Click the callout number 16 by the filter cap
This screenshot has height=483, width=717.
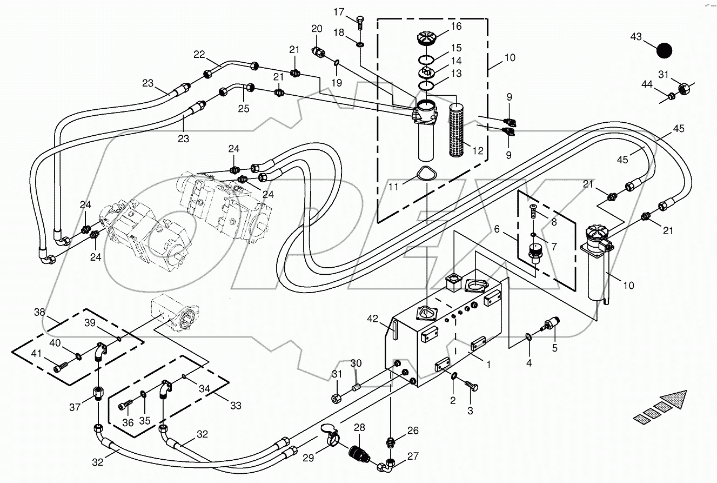(x=457, y=26)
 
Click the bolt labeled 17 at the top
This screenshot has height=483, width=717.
(x=360, y=21)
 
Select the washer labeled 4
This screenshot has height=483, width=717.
(x=528, y=338)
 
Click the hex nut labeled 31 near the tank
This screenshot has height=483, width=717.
(x=336, y=399)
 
